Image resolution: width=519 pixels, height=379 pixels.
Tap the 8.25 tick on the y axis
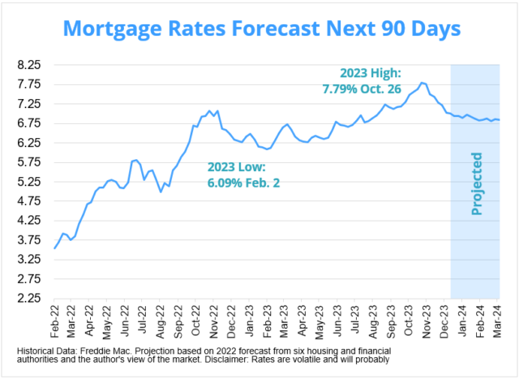pos(29,64)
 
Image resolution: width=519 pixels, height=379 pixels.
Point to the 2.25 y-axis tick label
pos(29,299)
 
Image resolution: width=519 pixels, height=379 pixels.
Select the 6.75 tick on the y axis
pos(29,123)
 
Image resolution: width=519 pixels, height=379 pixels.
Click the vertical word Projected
pos(476,183)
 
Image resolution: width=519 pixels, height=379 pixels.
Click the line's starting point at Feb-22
pos(54,248)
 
